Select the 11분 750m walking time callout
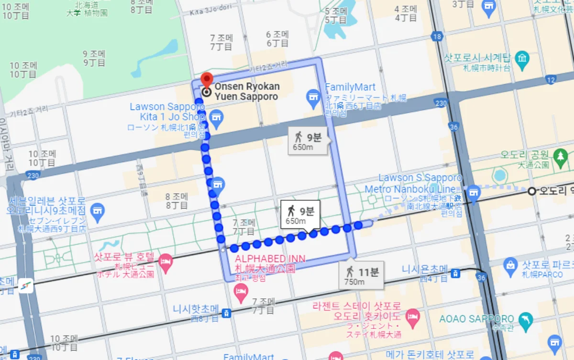(x=362, y=276)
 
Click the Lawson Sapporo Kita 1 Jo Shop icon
(x=216, y=117)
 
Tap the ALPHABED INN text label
(x=270, y=259)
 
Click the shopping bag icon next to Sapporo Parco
(x=511, y=264)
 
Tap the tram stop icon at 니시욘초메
(x=456, y=273)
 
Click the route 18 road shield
(x=436, y=36)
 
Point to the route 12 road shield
(x=551, y=79)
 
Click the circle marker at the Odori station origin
(x=531, y=191)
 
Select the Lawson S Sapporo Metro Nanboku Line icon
(x=473, y=192)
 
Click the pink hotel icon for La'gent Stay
(x=413, y=315)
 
